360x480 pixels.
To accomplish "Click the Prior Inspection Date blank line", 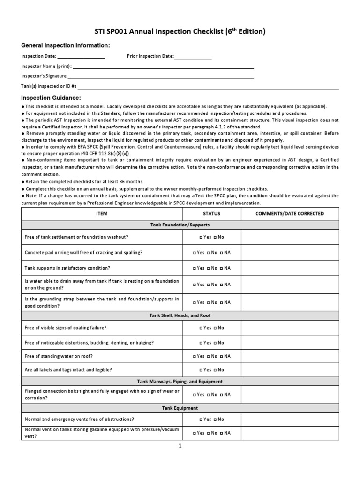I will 193,57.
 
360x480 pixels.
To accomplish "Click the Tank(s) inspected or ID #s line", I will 208,87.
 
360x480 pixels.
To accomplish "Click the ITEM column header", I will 102,214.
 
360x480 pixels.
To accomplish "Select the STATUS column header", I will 211,214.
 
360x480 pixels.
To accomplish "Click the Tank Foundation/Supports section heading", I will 180,225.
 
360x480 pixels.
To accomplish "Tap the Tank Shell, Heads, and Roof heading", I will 180,316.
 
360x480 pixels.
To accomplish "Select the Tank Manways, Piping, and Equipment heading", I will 180,382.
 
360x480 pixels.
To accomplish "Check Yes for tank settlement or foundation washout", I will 201,237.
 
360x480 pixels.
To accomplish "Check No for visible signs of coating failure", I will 215,328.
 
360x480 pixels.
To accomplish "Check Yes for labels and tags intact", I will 201,370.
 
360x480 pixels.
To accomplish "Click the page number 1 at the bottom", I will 180,446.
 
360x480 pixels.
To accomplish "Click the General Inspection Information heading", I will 66,45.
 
